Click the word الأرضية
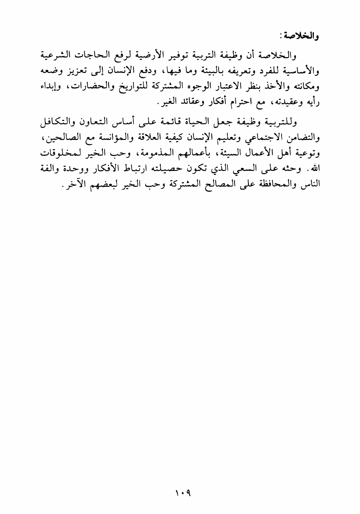coord(136,56)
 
